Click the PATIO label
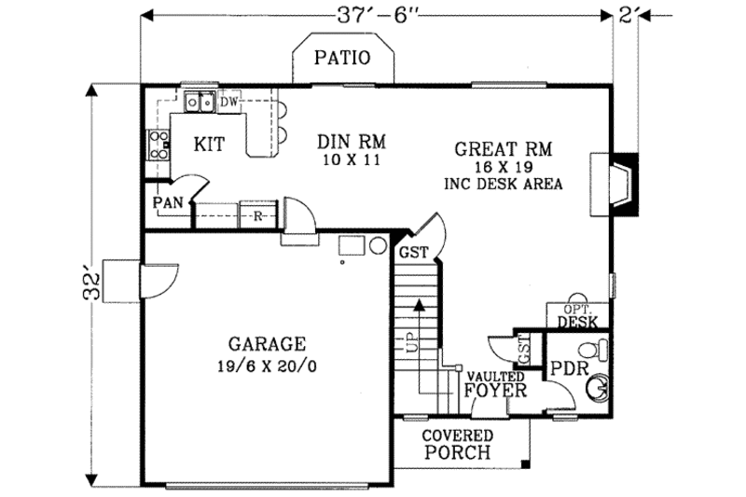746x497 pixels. [341, 58]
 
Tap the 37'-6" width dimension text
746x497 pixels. [377, 15]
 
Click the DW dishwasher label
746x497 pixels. [230, 101]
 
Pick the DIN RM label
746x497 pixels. [352, 142]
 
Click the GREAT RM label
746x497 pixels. [504, 148]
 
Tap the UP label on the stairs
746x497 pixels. [411, 342]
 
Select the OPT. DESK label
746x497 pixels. [576, 316]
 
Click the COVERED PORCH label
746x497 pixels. [457, 445]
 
